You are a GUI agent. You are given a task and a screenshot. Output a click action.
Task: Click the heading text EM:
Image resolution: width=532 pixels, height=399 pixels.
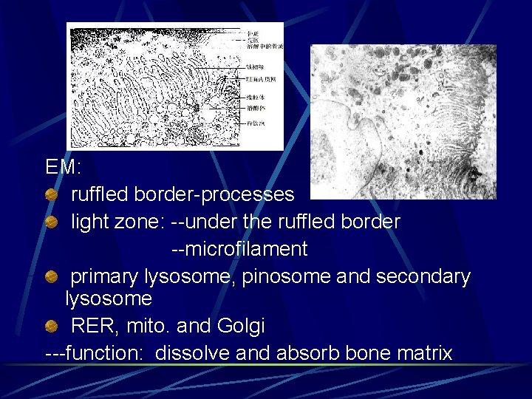click(64, 168)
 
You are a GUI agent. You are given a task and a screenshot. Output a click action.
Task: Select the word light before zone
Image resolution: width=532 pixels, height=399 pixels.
click(90, 222)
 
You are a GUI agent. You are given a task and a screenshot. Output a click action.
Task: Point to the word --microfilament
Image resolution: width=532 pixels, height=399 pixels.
click(239, 250)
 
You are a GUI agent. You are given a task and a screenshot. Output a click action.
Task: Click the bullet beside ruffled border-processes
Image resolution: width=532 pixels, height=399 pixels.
click(50, 195)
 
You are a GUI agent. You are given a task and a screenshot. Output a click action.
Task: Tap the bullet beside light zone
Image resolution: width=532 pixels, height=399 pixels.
click(50, 222)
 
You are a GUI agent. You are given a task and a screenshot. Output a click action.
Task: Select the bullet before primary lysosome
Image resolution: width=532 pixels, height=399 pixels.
click(50, 277)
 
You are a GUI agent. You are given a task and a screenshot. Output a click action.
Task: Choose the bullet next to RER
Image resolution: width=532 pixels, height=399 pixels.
click(50, 326)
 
